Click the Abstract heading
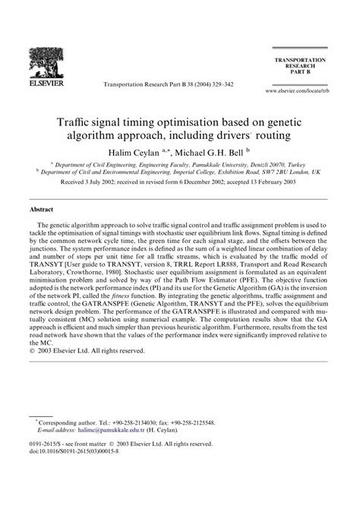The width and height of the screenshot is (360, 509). coord(41,207)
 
